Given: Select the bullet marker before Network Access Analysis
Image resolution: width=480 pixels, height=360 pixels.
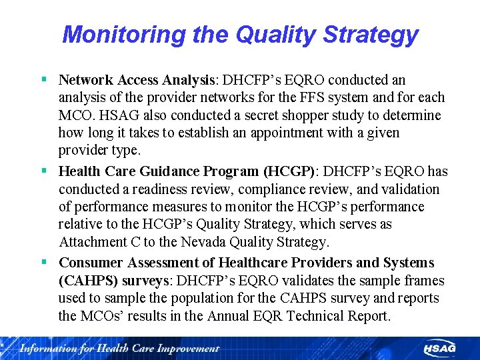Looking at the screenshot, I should coord(43,80).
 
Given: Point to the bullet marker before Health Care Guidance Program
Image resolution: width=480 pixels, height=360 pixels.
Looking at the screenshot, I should coord(43,171).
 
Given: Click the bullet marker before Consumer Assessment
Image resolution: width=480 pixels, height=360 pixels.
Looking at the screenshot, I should coord(43,263).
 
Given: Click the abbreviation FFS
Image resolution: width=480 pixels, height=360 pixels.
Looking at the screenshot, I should coord(317,97).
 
